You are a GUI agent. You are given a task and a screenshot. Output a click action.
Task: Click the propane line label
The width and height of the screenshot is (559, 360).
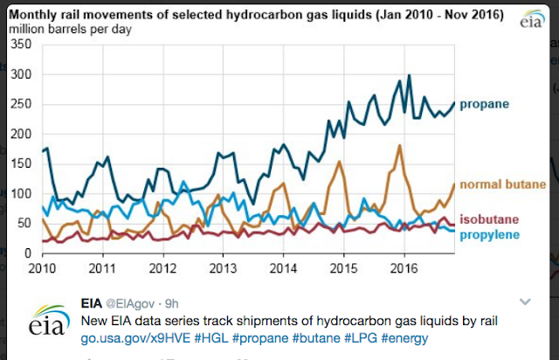[484, 105]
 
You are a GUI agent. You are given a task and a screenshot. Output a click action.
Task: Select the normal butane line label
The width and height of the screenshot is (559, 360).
[495, 185]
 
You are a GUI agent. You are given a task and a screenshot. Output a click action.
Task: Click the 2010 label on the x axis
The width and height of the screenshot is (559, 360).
[44, 267]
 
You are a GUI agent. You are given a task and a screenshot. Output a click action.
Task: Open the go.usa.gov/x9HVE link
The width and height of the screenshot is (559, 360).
[148, 336]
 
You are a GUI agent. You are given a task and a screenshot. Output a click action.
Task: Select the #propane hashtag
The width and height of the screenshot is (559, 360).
[268, 336]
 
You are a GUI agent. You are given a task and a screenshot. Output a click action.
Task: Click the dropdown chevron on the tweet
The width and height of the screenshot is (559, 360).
[525, 301]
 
